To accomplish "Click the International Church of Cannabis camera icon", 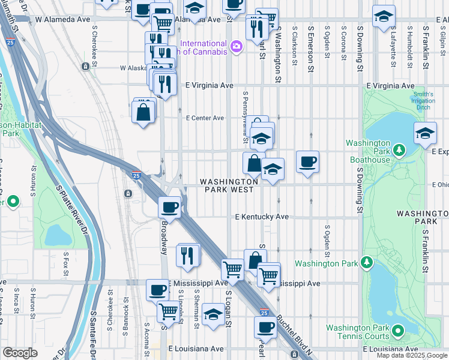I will click(237, 46).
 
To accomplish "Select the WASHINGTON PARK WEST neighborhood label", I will click(229, 185).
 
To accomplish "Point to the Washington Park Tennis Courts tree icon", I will click(396, 331).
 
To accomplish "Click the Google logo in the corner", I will click(20, 353).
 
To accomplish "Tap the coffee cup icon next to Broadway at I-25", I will click(169, 206).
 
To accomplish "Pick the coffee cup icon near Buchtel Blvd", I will click(265, 327).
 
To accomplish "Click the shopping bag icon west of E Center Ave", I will click(143, 112).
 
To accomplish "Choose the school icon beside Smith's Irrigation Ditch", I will click(425, 133).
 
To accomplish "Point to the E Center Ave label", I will click(205, 118).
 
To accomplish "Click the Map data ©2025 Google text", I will click(412, 355).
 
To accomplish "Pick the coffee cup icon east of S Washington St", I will click(307, 161).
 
